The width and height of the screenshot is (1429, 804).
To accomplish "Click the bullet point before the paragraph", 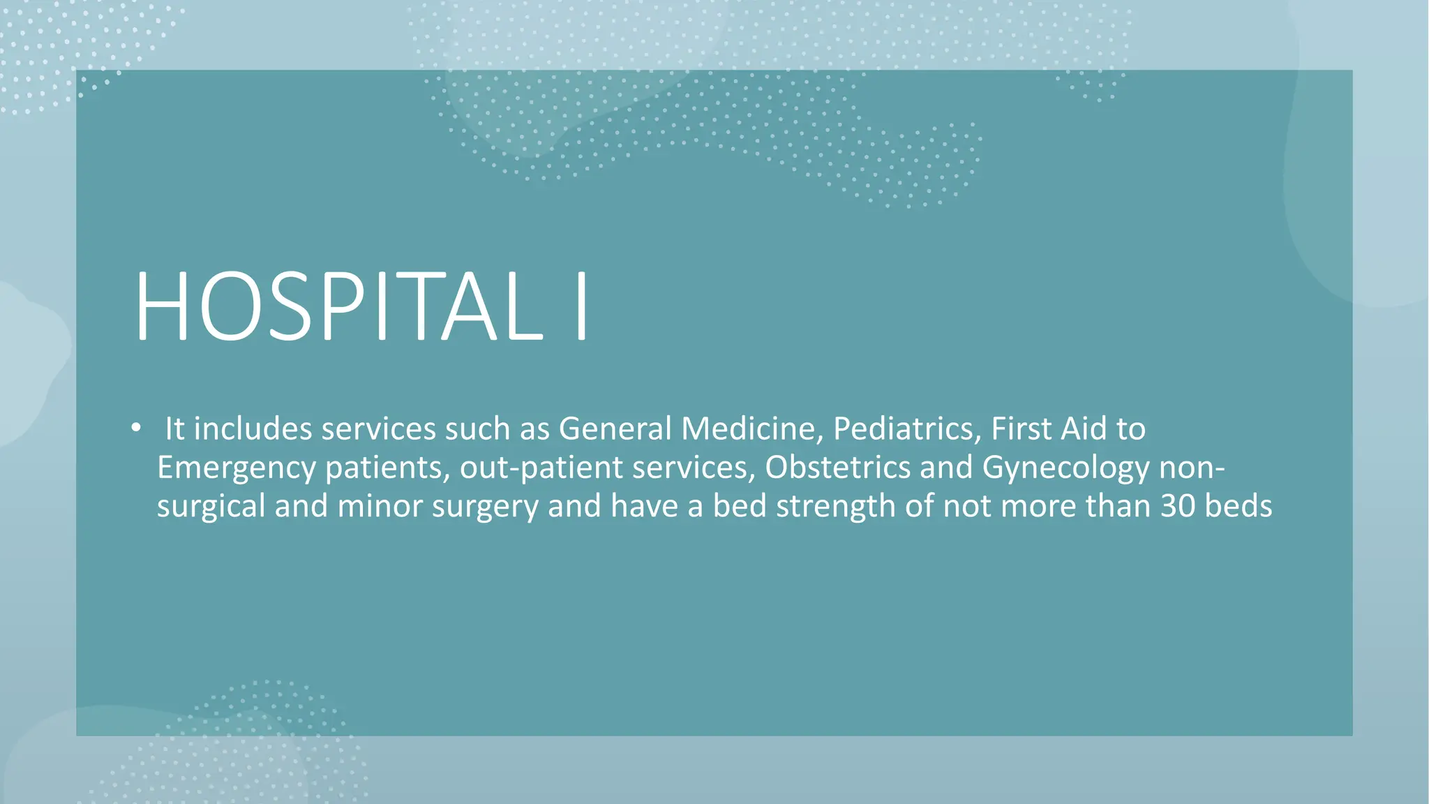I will [x=136, y=427].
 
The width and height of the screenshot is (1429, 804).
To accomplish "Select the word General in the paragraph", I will [x=615, y=429].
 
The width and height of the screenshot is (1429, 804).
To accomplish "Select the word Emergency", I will [x=236, y=468].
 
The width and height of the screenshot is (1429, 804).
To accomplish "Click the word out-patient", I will [x=541, y=468].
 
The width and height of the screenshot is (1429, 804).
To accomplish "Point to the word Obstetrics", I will [x=837, y=468].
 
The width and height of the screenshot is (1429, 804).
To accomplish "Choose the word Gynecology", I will [x=1065, y=468].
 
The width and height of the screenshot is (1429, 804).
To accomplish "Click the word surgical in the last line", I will [x=211, y=506].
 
